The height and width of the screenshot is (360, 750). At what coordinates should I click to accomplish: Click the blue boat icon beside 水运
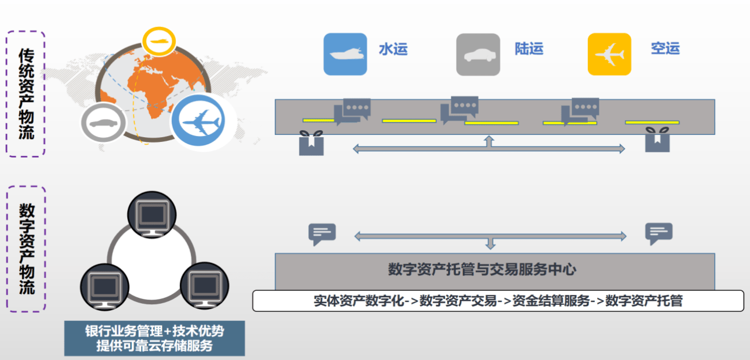click(345, 55)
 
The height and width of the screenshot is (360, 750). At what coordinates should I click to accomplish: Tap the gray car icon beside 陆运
click(478, 55)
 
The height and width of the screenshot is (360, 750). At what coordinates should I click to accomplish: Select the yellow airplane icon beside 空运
click(609, 55)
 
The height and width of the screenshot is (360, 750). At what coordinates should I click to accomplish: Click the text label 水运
click(393, 49)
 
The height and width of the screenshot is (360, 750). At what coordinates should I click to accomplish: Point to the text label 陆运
click(529, 49)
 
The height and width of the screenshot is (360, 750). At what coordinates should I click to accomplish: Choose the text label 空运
click(665, 49)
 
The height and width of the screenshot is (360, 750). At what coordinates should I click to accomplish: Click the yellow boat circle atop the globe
click(159, 42)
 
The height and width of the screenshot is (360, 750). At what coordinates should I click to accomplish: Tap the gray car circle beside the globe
click(104, 124)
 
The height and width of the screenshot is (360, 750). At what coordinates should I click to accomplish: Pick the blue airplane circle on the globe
click(201, 122)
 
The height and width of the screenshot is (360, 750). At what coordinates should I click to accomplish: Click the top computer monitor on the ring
click(151, 214)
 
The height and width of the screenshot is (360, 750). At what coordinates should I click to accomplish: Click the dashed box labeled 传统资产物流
click(26, 94)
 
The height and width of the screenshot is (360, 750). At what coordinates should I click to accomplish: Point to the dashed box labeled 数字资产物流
click(26, 249)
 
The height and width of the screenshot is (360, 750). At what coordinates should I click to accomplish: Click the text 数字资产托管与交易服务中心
click(482, 270)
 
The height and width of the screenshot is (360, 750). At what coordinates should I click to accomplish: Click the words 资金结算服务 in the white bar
click(551, 301)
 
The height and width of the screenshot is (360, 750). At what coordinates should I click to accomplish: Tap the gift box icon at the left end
click(311, 143)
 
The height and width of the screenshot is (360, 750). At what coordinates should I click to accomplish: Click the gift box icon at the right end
click(657, 140)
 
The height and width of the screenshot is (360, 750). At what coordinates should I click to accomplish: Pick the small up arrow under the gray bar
click(489, 141)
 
